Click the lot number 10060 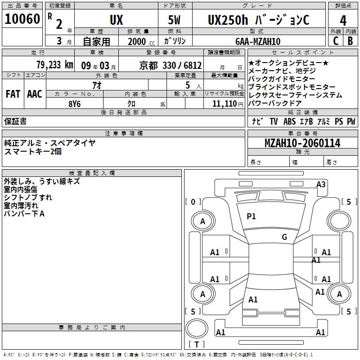click(22, 19)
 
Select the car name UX click(116, 20)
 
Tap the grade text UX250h click(227, 20)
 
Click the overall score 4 click(343, 20)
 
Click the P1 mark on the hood click(251, 216)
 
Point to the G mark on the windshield click(284, 237)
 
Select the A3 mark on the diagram click(321, 184)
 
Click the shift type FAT click(13, 94)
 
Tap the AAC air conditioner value click(34, 94)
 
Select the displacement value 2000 click(137, 42)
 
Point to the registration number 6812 click(192, 65)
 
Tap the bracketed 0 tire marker click(193, 202)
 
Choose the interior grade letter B click(350, 41)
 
